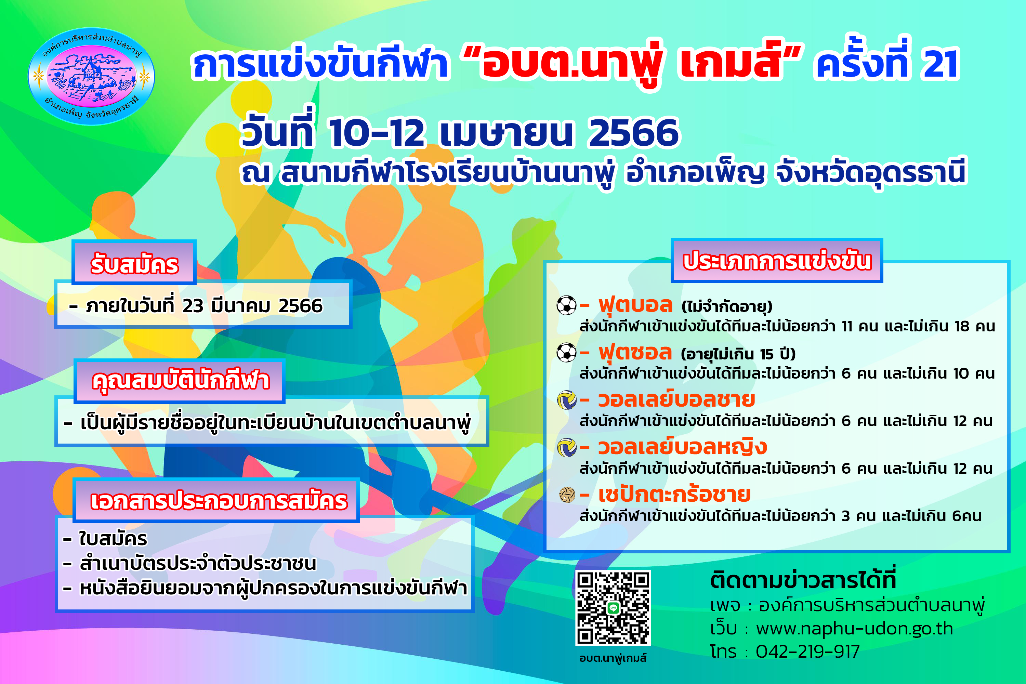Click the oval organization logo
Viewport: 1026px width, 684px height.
pyautogui.click(x=92, y=77)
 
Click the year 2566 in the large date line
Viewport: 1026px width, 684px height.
pyautogui.click(x=634, y=133)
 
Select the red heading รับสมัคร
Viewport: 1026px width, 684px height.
pyautogui.click(x=134, y=264)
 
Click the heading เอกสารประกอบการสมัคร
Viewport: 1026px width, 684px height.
pyautogui.click(x=219, y=500)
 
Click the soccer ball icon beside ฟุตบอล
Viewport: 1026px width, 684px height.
pyautogui.click(x=567, y=305)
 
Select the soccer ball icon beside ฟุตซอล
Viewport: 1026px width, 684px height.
pyautogui.click(x=567, y=353)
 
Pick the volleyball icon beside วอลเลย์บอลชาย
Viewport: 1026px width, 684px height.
pyautogui.click(x=567, y=400)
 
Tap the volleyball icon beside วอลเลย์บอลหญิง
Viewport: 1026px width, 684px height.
pyautogui.click(x=567, y=448)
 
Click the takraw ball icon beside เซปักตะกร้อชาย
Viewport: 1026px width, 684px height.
pyautogui.click(x=567, y=495)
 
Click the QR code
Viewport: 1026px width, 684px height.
pyautogui.click(x=613, y=608)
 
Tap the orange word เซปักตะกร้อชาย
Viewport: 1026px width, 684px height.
pyautogui.click(x=674, y=495)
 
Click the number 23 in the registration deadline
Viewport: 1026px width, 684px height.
pyautogui.click(x=193, y=306)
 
